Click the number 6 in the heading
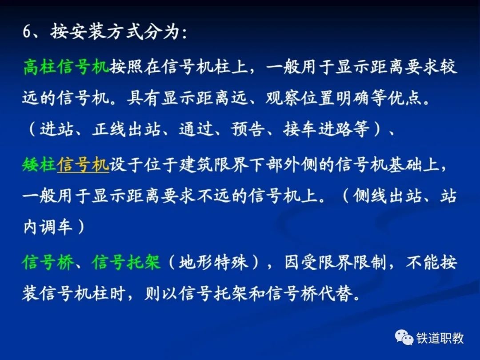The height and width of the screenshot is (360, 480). pos(27,31)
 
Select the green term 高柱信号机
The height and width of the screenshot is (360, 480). pos(66,67)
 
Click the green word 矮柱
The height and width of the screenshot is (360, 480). pos(40,165)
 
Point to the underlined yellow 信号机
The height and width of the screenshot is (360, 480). pos(83,165)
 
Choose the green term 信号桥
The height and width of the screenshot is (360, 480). pos(48,262)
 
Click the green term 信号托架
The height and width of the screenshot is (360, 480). pos(126,262)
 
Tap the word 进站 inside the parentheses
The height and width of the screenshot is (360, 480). pos(56,128)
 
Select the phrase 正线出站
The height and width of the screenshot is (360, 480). pos(126,128)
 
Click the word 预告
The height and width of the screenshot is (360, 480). pos(248,128)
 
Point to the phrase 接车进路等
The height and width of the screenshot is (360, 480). pos(326,128)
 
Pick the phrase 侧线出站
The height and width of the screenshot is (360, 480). pos(387,196)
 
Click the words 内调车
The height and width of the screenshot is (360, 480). pos(48,227)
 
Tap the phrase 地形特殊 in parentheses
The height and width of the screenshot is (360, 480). pos(213,262)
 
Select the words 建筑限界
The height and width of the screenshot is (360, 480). pos(213,165)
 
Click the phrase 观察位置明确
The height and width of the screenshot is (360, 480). pos(317,98)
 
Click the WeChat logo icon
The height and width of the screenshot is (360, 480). pos(404,337)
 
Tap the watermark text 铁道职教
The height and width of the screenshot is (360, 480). pos(440,338)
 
